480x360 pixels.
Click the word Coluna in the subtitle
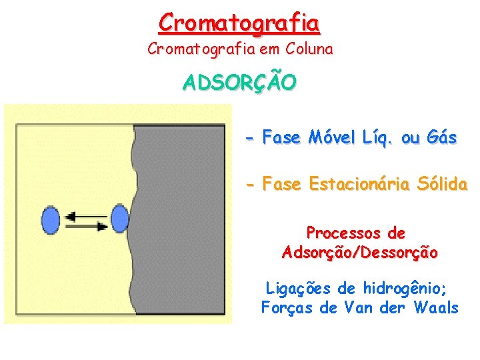point(309,49)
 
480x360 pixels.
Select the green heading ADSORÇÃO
point(239,83)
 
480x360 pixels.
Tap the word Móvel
point(332,138)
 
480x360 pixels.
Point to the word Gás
point(443,138)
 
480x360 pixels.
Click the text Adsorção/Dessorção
point(360,253)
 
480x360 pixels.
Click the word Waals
point(436,307)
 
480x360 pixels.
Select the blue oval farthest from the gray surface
point(51,220)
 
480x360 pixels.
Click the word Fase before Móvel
point(282,138)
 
